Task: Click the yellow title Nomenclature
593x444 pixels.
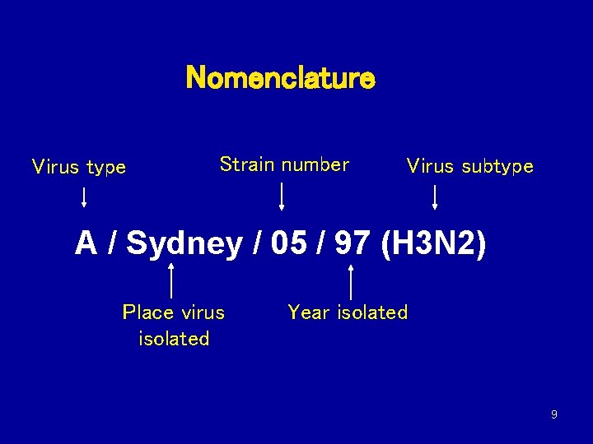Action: click(281, 79)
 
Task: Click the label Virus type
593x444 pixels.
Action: click(79, 168)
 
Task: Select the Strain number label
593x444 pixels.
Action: click(284, 164)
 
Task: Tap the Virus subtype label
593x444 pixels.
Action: click(469, 167)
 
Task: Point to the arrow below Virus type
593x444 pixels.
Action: click(83, 197)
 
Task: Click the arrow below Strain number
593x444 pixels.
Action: click(282, 197)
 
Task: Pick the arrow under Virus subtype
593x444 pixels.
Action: click(435, 197)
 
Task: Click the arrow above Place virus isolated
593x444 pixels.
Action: click(170, 280)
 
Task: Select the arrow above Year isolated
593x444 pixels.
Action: click(352, 281)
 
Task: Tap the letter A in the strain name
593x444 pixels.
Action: click(86, 244)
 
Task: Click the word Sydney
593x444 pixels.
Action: click(184, 245)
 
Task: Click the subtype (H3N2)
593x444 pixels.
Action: click(434, 244)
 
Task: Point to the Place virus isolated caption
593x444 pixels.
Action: click(174, 326)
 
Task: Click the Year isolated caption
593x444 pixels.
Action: click(348, 312)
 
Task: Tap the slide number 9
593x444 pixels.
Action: click(553, 414)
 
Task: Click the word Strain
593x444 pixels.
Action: click(246, 164)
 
